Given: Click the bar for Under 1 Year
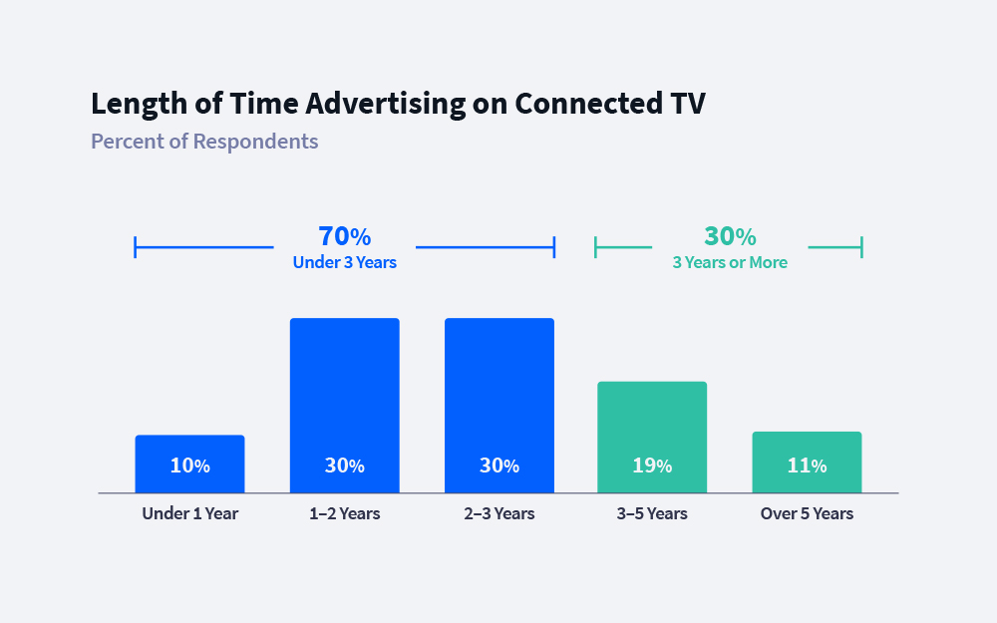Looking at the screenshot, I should [x=189, y=449].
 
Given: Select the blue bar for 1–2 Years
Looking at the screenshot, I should [x=344, y=389].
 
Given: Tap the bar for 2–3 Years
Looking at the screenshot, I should [x=498, y=389].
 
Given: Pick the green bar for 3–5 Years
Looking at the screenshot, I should [x=652, y=419].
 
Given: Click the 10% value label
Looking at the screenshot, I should [x=189, y=466].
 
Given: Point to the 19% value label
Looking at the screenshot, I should [x=652, y=466].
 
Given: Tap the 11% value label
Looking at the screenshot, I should [x=807, y=466].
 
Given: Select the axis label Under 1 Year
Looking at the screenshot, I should [x=189, y=514].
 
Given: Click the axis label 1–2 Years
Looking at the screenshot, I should [x=344, y=514].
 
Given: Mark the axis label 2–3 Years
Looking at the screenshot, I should [x=498, y=514].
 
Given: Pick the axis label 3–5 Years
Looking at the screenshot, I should [x=652, y=514].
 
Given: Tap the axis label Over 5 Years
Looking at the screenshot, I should [x=807, y=514].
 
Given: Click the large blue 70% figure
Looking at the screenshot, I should [x=344, y=237].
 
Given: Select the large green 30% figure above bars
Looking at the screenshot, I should [x=730, y=237].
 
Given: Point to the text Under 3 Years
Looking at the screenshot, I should [x=344, y=263].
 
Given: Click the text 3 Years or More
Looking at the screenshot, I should [x=730, y=263].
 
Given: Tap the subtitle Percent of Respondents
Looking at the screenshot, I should [x=204, y=142].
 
